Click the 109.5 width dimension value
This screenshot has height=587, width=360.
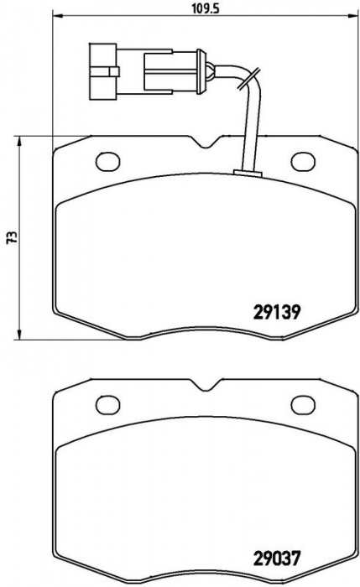tap(206, 8)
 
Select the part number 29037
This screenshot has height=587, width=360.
tap(277, 558)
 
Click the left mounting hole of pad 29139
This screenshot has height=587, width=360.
tap(108, 161)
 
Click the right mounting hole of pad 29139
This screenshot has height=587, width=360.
tap(303, 161)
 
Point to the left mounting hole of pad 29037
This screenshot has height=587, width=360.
tap(108, 405)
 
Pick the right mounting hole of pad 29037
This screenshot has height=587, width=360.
tap(303, 405)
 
